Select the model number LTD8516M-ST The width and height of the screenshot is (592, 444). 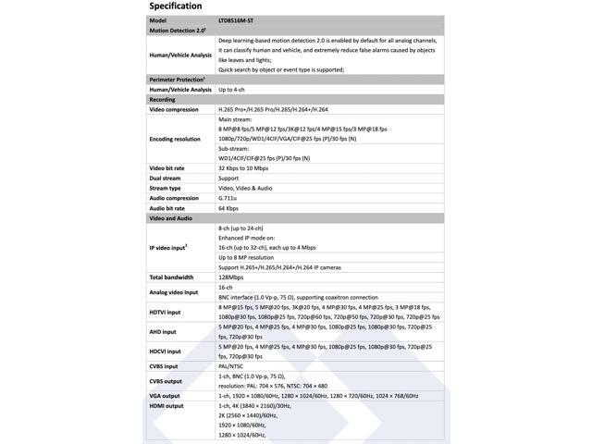click(x=243, y=20)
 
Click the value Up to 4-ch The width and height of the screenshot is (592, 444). click(x=238, y=90)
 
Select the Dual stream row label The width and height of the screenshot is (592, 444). click(x=166, y=179)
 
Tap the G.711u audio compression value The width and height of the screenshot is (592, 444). click(x=228, y=198)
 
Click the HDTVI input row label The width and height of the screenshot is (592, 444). click(x=166, y=312)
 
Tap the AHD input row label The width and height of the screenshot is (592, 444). click(x=163, y=331)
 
